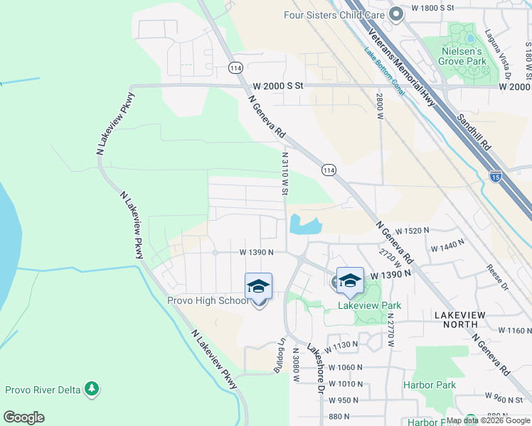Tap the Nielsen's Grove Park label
pyautogui.click(x=470, y=56)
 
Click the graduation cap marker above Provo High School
pyautogui.click(x=258, y=287)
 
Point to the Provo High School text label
pyautogui.click(x=208, y=300)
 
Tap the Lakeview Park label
pyautogui.click(x=369, y=306)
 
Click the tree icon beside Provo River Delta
pyautogui.click(x=91, y=389)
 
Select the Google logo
pyautogui.click(x=23, y=417)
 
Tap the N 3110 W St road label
pyautogui.click(x=284, y=173)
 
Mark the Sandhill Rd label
pyautogui.click(x=474, y=131)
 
